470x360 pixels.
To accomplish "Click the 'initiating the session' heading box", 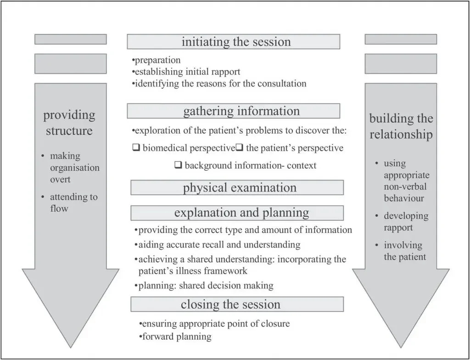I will pos(233,42).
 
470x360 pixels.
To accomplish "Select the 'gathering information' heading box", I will pos(233,111).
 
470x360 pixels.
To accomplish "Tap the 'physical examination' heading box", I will pos(237,187).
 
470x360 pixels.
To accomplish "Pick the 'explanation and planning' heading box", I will pos(237,213).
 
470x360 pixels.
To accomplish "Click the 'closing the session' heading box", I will pos(237,304).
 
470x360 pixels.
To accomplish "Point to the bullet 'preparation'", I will pos(156,60).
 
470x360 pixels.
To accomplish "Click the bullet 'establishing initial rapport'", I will pos(186,72).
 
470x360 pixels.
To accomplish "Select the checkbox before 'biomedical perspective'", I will pos(135,148).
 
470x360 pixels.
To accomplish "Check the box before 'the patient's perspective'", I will pos(239,148).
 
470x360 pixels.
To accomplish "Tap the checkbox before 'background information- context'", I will pos(179,165).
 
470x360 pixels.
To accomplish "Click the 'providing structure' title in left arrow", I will pos(69,122).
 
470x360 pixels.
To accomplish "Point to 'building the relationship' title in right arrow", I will pos(401,126).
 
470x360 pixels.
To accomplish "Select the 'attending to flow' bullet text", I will pos(73,202).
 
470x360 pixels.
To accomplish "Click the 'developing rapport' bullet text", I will pos(406,221).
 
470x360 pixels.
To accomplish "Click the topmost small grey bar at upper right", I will pos(401,39).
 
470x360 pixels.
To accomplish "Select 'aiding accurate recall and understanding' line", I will pos(218,245).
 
